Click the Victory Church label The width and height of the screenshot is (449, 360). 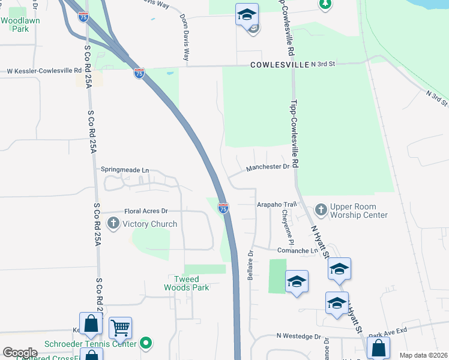149,224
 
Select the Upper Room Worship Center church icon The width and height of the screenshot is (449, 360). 321,209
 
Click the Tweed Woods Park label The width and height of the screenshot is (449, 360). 187,283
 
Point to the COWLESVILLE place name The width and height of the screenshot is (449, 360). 279,65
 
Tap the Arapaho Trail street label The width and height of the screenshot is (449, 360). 277,205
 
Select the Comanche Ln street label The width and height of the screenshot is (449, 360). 297,250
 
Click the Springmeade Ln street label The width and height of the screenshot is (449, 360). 124,170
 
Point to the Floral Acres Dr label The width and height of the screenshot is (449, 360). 146,211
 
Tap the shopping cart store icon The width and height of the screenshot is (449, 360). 121,328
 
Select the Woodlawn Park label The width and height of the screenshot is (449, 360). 15,24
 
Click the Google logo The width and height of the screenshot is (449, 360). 20,353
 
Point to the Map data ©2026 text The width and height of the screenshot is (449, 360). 423,355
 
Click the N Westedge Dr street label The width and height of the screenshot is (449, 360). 299,338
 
